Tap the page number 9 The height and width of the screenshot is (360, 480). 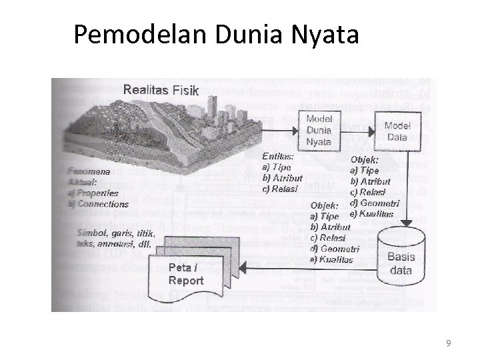(x=449, y=343)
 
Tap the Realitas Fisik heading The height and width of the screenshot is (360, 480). (x=161, y=90)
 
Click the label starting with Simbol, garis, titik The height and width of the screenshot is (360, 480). (x=116, y=239)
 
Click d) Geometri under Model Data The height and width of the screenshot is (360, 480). (x=375, y=203)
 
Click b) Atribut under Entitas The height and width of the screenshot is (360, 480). (x=283, y=178)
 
